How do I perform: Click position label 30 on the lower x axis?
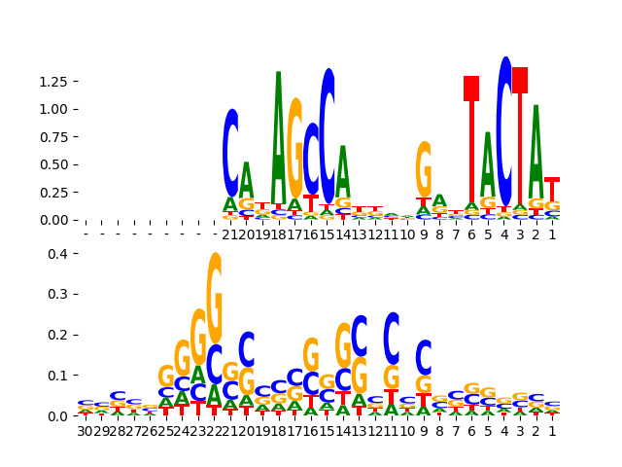86,431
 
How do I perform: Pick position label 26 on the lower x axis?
150,431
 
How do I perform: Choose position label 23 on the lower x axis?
198,431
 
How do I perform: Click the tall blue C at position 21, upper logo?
230,153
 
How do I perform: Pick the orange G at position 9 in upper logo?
424,169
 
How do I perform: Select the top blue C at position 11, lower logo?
392,338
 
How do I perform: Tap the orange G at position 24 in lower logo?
182,358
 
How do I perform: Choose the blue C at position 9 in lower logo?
424,357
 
